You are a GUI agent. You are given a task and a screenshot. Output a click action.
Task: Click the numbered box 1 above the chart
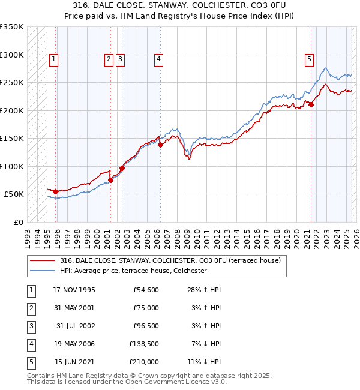click(x=54, y=59)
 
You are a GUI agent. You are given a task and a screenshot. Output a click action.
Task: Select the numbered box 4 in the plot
click(x=158, y=59)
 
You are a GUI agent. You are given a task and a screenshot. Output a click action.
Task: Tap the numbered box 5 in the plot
click(x=309, y=59)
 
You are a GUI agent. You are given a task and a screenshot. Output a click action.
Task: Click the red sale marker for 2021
click(x=311, y=105)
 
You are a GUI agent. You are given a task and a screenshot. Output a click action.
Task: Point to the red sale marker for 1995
click(x=56, y=191)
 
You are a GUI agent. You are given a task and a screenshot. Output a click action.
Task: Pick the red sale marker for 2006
click(x=161, y=145)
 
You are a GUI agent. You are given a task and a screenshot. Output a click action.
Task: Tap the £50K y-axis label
click(x=14, y=194)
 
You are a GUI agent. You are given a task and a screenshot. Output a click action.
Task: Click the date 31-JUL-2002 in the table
click(x=75, y=326)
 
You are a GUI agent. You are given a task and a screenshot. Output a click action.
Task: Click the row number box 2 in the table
click(x=31, y=308)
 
